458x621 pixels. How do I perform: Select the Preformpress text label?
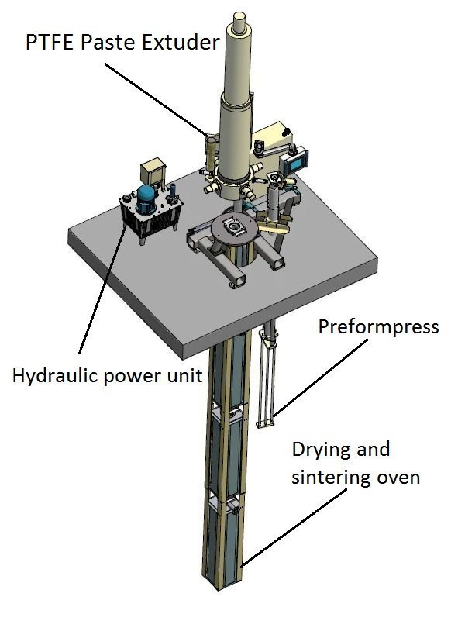point(378,326)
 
